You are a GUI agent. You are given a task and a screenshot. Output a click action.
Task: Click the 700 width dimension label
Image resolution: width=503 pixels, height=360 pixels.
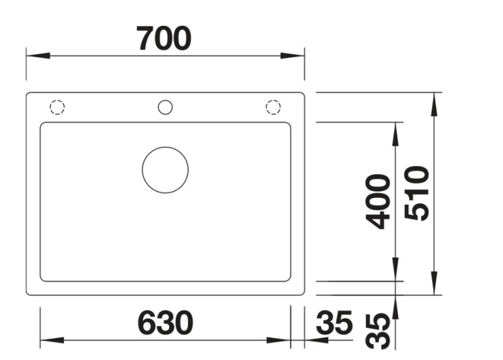164,39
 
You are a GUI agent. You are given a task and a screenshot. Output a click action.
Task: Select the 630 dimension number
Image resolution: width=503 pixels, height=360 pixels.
165,324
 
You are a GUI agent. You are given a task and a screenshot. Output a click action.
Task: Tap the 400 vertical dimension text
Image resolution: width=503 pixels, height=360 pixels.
379,201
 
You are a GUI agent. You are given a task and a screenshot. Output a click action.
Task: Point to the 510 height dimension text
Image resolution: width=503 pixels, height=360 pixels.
417,193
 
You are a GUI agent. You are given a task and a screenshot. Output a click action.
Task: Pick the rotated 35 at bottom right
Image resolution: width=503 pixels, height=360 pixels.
379,331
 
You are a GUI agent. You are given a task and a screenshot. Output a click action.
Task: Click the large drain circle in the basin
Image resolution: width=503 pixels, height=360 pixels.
165,170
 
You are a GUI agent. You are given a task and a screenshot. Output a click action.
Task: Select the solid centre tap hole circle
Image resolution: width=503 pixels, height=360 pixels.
165,107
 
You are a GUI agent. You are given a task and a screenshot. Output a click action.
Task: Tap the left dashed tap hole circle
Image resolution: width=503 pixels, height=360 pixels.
57,107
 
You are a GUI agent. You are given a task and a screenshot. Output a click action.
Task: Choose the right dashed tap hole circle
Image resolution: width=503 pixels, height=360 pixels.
273,107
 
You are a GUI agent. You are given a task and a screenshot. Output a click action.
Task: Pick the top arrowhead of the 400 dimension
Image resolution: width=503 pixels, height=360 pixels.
395,133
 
